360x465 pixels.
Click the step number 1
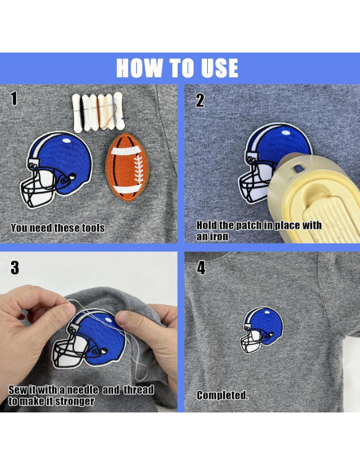[x=13, y=99]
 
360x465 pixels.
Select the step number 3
[x=14, y=266]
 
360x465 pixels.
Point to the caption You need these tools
[x=57, y=228]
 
